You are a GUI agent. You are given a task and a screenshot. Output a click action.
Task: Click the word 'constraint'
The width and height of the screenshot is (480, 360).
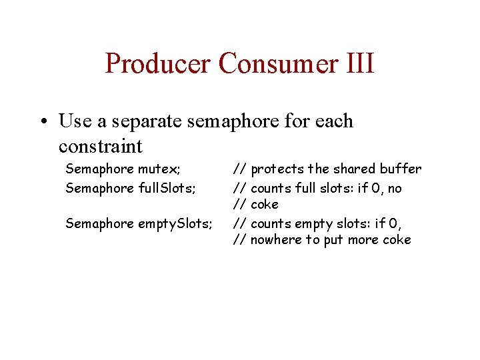tap(101, 145)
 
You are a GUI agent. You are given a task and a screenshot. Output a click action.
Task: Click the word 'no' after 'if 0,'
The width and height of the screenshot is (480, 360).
tap(395, 188)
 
